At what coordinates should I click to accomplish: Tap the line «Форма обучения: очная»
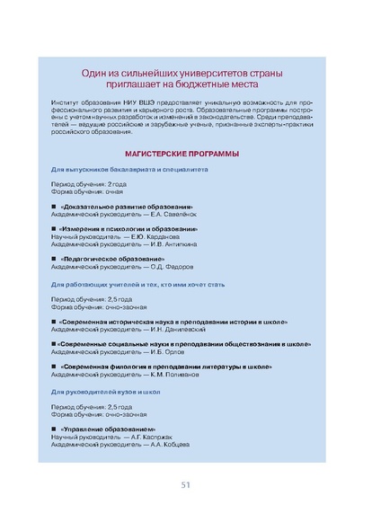coord(87,191)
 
